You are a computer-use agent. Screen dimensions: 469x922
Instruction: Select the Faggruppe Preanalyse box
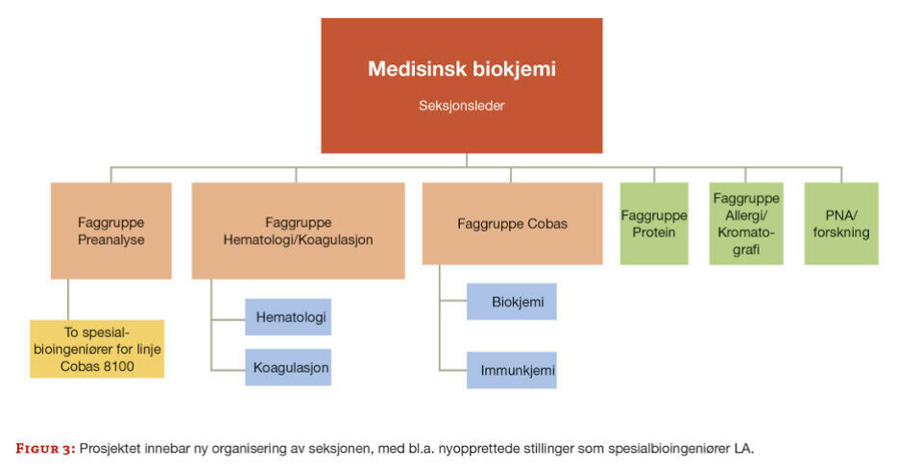coord(110,231)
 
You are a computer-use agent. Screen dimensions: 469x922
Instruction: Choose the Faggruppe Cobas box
coord(512,224)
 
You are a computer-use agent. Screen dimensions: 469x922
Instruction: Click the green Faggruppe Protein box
coord(654,224)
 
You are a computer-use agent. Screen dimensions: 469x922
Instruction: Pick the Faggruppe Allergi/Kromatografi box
coord(746,224)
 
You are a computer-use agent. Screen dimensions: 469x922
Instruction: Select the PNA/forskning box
coord(841,224)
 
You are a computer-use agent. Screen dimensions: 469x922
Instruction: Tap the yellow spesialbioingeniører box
coord(97,349)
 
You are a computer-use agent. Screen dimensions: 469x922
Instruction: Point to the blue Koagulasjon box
coord(287,367)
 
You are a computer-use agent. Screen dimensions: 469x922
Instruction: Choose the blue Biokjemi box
coord(512,302)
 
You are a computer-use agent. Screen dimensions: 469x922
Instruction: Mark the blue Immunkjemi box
coord(512,370)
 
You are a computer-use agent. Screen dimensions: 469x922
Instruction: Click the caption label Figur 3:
coord(44,447)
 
